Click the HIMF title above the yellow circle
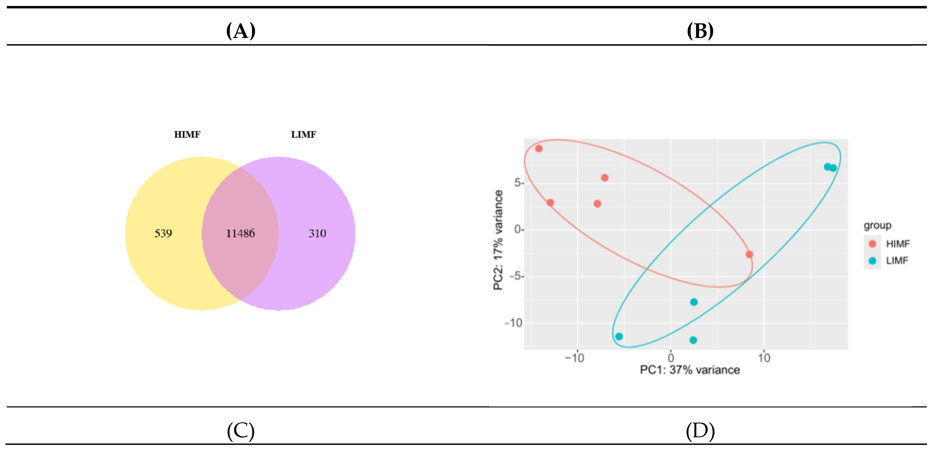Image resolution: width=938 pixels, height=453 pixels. tap(187, 135)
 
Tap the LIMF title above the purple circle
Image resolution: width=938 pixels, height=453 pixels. tap(303, 135)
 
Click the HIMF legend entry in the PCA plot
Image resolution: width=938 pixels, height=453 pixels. tap(897, 244)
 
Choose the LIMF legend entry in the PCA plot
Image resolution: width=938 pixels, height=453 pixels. tap(896, 261)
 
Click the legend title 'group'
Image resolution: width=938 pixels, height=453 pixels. tap(877, 225)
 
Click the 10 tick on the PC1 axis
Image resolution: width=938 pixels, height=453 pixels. tap(764, 358)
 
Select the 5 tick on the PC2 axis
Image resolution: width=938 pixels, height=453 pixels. tap(518, 183)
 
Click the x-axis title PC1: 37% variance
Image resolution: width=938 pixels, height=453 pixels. tap(690, 370)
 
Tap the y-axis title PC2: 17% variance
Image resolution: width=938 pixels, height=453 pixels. tap(498, 240)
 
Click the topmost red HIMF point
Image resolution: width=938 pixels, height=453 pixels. tap(539, 149)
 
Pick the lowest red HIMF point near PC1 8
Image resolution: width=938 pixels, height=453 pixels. tap(749, 254)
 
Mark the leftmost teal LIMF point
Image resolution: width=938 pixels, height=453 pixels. tap(619, 336)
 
